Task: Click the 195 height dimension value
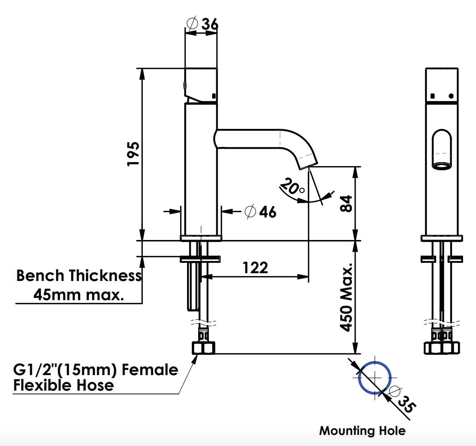133,154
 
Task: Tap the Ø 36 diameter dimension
203,24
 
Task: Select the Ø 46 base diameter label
261,212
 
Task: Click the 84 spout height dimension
346,203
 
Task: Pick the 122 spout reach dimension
255,268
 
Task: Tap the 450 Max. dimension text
346,298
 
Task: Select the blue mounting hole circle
375,378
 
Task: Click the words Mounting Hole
362,430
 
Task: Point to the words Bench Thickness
79,276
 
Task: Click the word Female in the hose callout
150,370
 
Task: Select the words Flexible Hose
63,385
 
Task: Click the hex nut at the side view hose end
203,348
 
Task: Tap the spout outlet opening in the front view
442,166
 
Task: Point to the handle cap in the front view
442,85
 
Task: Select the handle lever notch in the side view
196,99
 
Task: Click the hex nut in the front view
442,348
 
